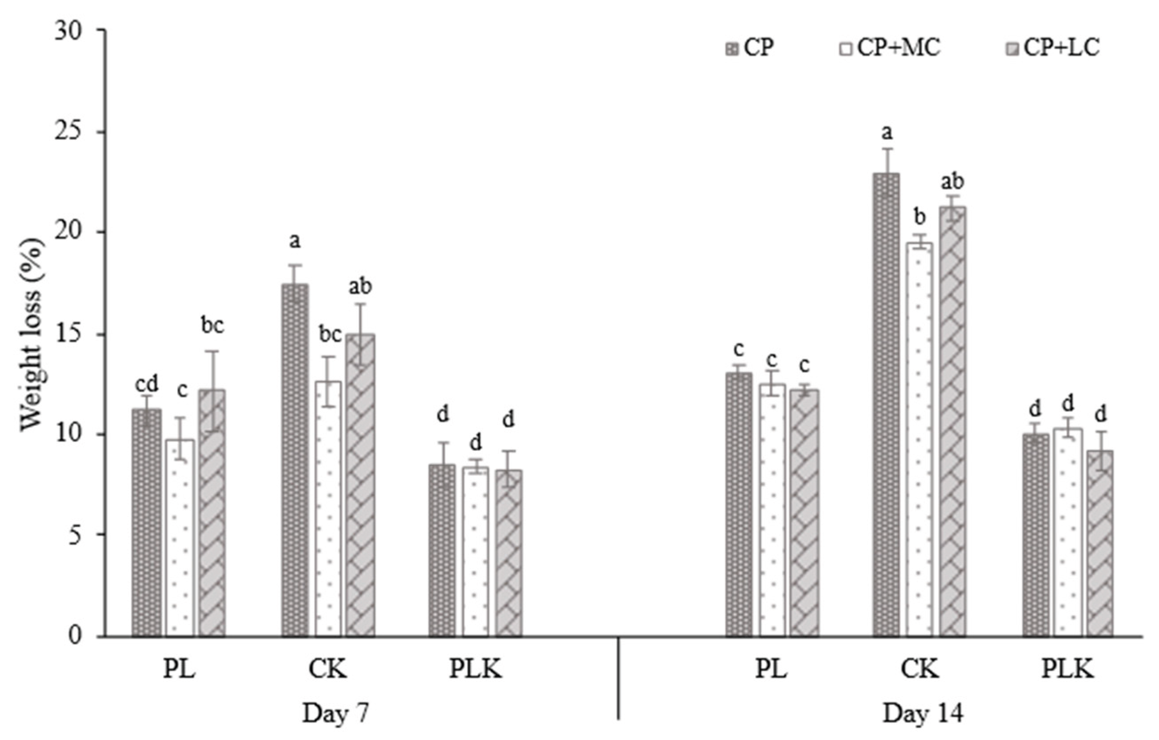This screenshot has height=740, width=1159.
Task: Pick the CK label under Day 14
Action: point(920,670)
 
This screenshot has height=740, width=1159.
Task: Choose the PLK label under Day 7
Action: point(476,670)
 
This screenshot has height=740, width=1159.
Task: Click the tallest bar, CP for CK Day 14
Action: point(886,404)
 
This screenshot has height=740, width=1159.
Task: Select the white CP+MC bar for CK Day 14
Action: point(920,438)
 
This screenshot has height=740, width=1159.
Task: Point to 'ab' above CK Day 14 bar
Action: point(952,182)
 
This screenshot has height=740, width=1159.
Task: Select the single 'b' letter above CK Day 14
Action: point(920,218)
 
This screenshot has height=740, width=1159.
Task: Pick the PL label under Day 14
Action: point(771,670)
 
